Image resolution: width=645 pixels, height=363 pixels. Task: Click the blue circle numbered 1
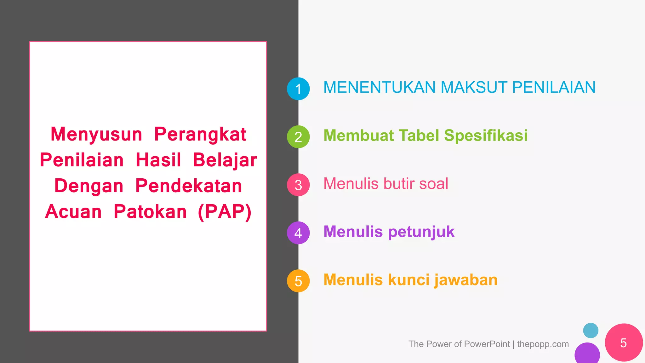tap(298, 89)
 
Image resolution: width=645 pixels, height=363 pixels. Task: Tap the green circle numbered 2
tap(298, 137)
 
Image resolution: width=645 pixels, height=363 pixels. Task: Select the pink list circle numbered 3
tap(298, 185)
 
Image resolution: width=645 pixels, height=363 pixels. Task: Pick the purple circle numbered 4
tap(298, 233)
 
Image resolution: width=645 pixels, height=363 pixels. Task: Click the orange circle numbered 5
tap(298, 281)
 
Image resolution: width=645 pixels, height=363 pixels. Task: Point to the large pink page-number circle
tap(624, 343)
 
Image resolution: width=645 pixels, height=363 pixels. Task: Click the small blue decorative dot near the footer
tap(591, 331)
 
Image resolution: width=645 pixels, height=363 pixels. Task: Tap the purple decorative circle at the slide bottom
tap(587, 354)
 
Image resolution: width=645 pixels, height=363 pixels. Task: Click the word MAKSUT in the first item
tap(474, 87)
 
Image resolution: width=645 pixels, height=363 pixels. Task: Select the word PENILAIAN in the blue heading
tap(554, 87)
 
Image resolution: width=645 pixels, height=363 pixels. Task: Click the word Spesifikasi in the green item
tap(486, 135)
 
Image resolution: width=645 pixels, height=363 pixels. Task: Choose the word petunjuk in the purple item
tap(421, 232)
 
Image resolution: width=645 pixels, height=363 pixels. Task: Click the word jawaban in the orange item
tap(466, 280)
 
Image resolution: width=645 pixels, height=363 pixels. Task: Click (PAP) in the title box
tap(225, 211)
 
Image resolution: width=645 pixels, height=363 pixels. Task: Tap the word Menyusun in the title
tap(96, 134)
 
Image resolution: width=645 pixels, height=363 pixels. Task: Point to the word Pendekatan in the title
tap(189, 186)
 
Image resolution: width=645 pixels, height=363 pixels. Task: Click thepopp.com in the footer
tap(543, 344)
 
